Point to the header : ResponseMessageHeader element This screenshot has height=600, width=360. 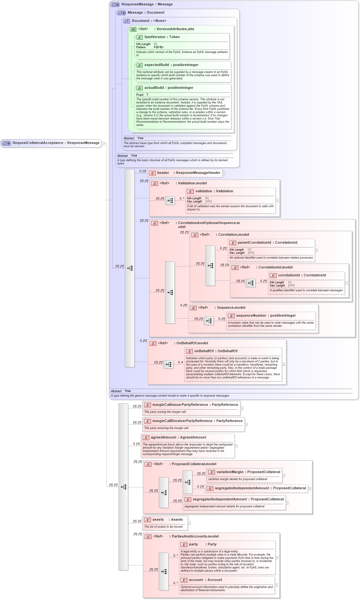pos(188,173)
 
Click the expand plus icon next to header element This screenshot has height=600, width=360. pos(224,173)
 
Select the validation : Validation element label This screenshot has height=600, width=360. pos(214,191)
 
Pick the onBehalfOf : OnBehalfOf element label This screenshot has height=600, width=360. pos(216,351)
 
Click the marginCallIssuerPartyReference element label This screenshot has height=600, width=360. pos(195,405)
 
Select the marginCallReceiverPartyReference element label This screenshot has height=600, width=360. pos(197,421)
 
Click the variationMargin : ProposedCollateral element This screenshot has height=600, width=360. pos(248,472)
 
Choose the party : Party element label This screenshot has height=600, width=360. pos(202,544)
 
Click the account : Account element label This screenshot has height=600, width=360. pos(205,580)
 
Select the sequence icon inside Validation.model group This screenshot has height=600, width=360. pos(170,201)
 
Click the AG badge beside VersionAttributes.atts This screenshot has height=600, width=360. pos(133,29)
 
